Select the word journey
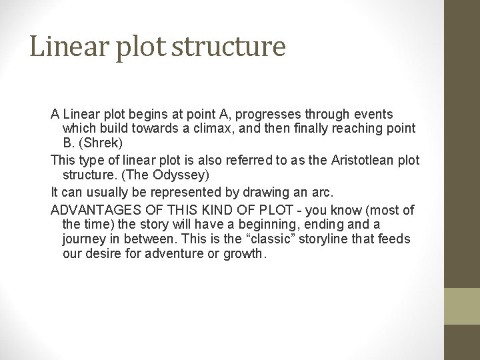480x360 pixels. [x=84, y=239]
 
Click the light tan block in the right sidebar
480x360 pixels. [x=462, y=306]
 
